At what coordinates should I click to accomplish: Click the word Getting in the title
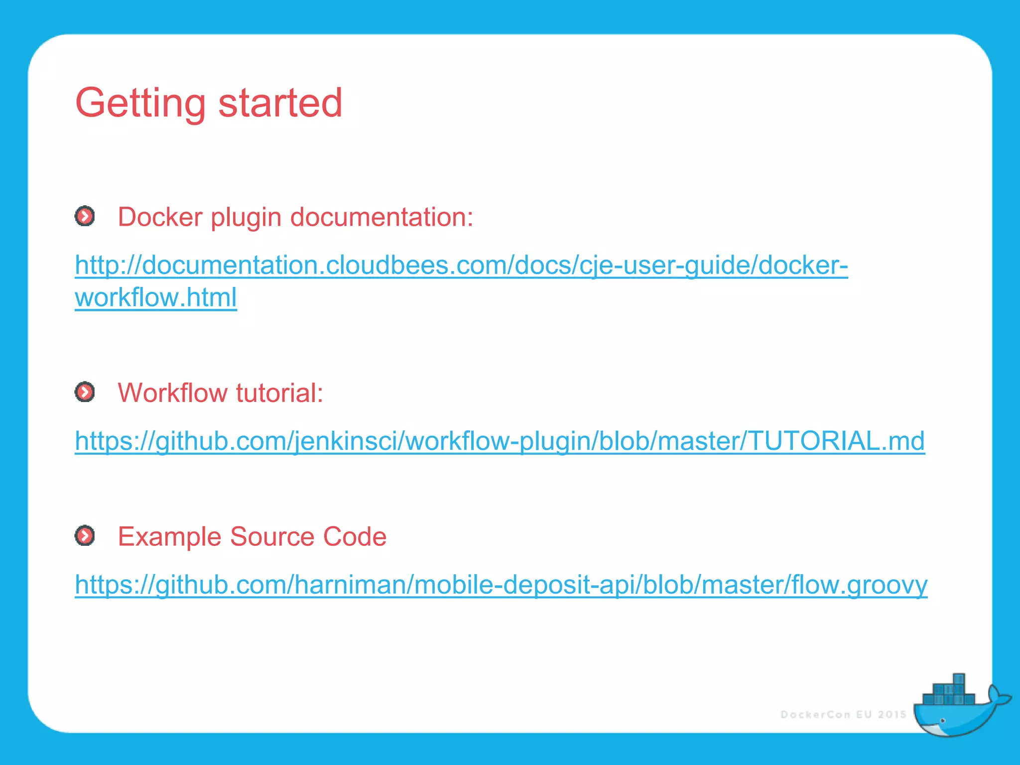tap(140, 103)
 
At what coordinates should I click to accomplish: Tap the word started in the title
tap(280, 103)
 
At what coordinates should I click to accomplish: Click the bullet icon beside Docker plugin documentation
tap(85, 216)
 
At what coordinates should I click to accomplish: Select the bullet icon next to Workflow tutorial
tap(85, 392)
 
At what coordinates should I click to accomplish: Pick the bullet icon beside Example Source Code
tap(85, 535)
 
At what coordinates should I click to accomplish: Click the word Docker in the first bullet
tap(160, 217)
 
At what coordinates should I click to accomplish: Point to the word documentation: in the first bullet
tap(382, 217)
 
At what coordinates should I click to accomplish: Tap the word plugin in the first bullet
tap(246, 218)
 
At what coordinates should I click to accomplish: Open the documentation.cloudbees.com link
tap(461, 265)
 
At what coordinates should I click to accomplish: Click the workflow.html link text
tap(156, 297)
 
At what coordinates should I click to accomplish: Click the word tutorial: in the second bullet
tap(280, 393)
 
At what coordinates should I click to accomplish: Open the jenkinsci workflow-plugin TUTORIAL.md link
tap(500, 441)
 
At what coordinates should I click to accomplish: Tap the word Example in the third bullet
tap(169, 536)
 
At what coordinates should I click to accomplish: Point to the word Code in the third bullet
tap(355, 536)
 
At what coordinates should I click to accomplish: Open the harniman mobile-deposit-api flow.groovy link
tap(501, 585)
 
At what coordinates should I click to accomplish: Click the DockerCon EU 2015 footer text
tap(843, 715)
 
